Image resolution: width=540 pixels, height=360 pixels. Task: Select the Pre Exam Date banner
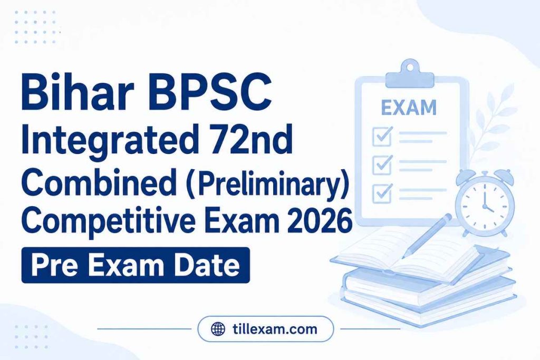(136, 265)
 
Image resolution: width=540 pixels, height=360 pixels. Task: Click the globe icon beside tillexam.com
(218, 329)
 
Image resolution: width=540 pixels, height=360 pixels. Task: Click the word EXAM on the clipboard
(409, 108)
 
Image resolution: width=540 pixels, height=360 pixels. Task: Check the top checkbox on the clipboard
(382, 136)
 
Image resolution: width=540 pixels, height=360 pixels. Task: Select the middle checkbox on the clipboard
(382, 164)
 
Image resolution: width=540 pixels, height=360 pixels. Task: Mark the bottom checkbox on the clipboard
(382, 193)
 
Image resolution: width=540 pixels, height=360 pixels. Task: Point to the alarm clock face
(485, 204)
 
